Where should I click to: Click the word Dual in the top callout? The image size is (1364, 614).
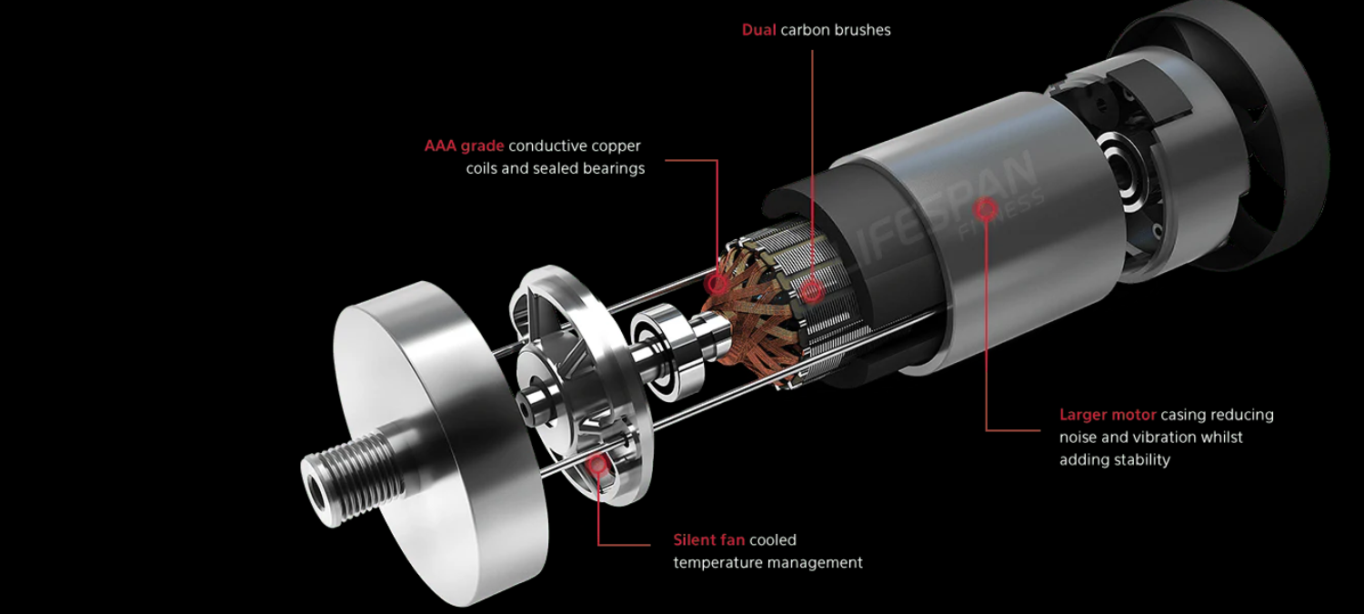pyautogui.click(x=758, y=30)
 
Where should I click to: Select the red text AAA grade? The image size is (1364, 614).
pyautogui.click(x=464, y=146)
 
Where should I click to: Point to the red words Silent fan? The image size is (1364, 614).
pyautogui.click(x=708, y=539)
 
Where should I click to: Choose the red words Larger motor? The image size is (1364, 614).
pyautogui.click(x=1108, y=415)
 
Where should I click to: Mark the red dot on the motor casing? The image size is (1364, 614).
pyautogui.click(x=986, y=209)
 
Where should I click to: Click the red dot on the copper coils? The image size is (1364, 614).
pyautogui.click(x=718, y=283)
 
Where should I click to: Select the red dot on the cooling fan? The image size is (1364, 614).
pyautogui.click(x=598, y=466)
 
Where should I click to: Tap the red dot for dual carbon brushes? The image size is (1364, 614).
pyautogui.click(x=812, y=292)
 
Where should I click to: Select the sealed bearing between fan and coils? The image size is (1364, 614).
pyautogui.click(x=663, y=352)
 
